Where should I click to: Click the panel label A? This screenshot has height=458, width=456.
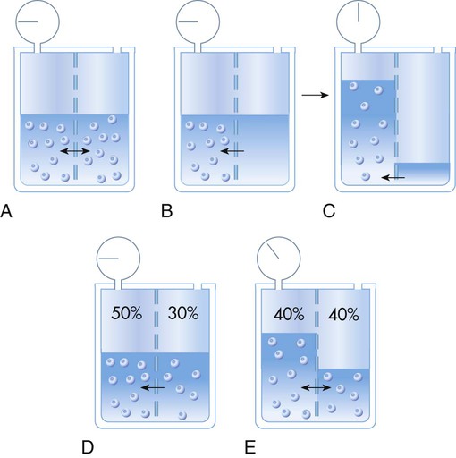click(6, 211)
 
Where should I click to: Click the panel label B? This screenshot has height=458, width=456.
click(167, 211)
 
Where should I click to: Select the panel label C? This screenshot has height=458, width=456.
click(329, 211)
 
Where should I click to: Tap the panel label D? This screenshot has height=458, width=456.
click(88, 447)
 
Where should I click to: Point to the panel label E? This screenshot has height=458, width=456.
click(250, 447)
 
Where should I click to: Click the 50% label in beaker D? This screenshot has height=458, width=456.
click(127, 313)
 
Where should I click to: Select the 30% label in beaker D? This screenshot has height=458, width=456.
click(183, 313)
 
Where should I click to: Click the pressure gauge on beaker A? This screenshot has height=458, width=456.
click(38, 21)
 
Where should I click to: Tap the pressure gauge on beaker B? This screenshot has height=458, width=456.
click(198, 21)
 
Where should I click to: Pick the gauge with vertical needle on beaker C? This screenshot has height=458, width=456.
click(359, 21)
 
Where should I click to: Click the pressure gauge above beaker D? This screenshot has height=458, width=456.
click(118, 259)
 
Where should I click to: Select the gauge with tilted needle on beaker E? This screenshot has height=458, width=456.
click(279, 259)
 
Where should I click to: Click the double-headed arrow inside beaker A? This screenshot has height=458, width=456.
click(75, 151)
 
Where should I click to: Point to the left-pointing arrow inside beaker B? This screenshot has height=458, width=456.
click(232, 151)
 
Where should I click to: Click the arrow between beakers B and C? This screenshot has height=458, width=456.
click(315, 95)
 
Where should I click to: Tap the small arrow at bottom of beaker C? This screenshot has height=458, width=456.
click(393, 178)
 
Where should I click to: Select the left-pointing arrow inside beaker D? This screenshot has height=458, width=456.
click(152, 387)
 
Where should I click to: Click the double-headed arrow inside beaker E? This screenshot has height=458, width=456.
click(316, 387)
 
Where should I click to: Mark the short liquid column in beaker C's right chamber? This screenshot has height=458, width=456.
click(422, 174)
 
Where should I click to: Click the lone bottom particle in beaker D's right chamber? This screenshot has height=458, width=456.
click(182, 415)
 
